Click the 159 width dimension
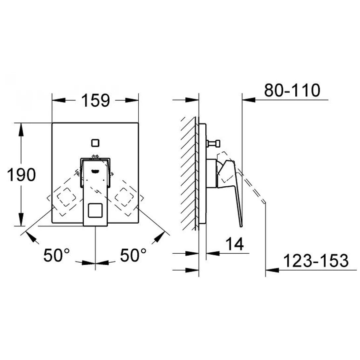click(95, 100)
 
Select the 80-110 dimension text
click(292, 90)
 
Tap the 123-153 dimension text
click(316, 261)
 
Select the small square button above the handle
click(95, 143)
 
